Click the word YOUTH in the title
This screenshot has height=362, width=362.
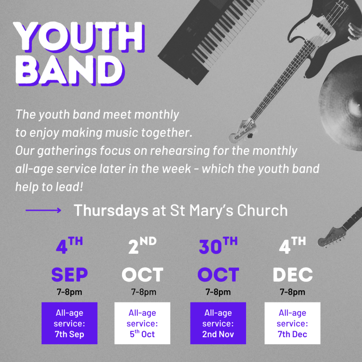point(79,37)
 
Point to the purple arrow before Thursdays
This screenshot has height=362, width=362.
point(43,210)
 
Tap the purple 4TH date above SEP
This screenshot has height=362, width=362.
point(69,245)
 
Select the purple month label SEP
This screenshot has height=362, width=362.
point(70,274)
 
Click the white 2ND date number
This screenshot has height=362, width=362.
point(142,245)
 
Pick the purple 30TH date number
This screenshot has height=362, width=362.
point(218,245)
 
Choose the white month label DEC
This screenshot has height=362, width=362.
point(292,274)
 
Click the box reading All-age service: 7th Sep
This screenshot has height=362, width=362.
point(70,323)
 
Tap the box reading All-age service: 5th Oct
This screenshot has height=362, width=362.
point(142,323)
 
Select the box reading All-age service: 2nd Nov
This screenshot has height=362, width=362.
point(218,323)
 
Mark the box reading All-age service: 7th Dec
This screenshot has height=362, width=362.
point(292,323)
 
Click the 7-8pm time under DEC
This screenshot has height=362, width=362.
point(292,292)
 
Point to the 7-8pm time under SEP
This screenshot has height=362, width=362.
point(70,292)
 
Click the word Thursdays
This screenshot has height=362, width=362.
point(111,210)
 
